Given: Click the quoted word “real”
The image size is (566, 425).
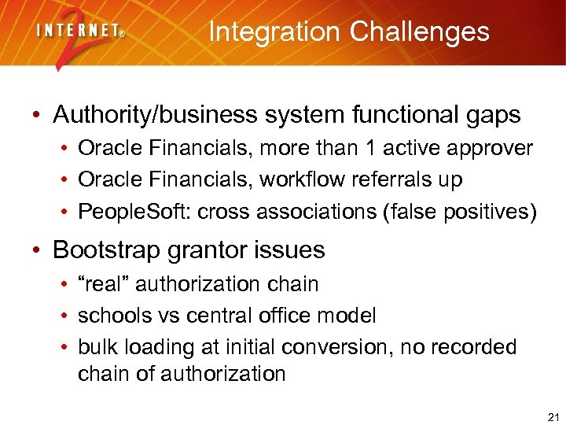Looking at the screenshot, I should tap(104, 283).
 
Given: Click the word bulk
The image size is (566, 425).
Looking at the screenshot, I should tap(94, 347).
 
